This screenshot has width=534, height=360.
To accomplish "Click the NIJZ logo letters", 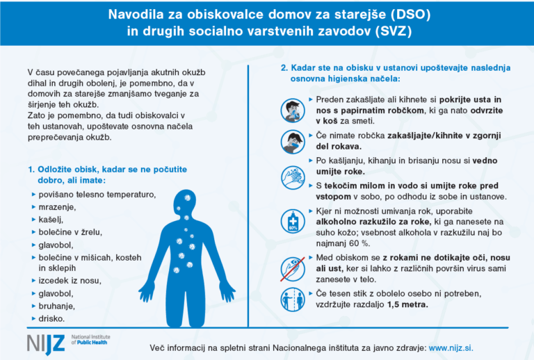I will pos(47,342).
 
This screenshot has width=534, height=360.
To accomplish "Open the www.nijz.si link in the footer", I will pos(451,347).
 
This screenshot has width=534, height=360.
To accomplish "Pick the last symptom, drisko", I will pos(52,318).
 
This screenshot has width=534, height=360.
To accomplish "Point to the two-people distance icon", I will pos(292,300).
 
